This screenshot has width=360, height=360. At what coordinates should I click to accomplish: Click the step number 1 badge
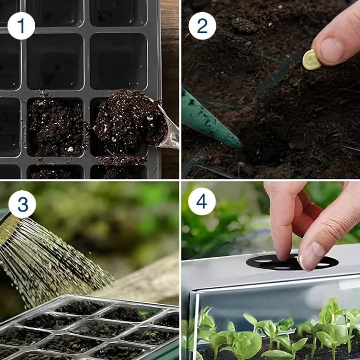click(x=22, y=26)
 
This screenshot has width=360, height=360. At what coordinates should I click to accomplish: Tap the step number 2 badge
click(x=202, y=26)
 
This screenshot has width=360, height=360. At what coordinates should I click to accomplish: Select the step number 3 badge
click(x=22, y=204)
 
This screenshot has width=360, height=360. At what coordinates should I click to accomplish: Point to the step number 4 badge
click(x=202, y=202)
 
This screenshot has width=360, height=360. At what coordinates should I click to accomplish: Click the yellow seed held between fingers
click(x=311, y=60)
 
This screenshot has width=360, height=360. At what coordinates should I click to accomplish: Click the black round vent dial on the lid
click(x=292, y=262)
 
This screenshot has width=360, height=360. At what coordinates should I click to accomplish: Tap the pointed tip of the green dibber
click(x=240, y=145)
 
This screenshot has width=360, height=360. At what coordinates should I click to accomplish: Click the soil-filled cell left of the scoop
click(x=56, y=127)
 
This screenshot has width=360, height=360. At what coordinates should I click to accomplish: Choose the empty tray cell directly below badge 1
click(x=55, y=61)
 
